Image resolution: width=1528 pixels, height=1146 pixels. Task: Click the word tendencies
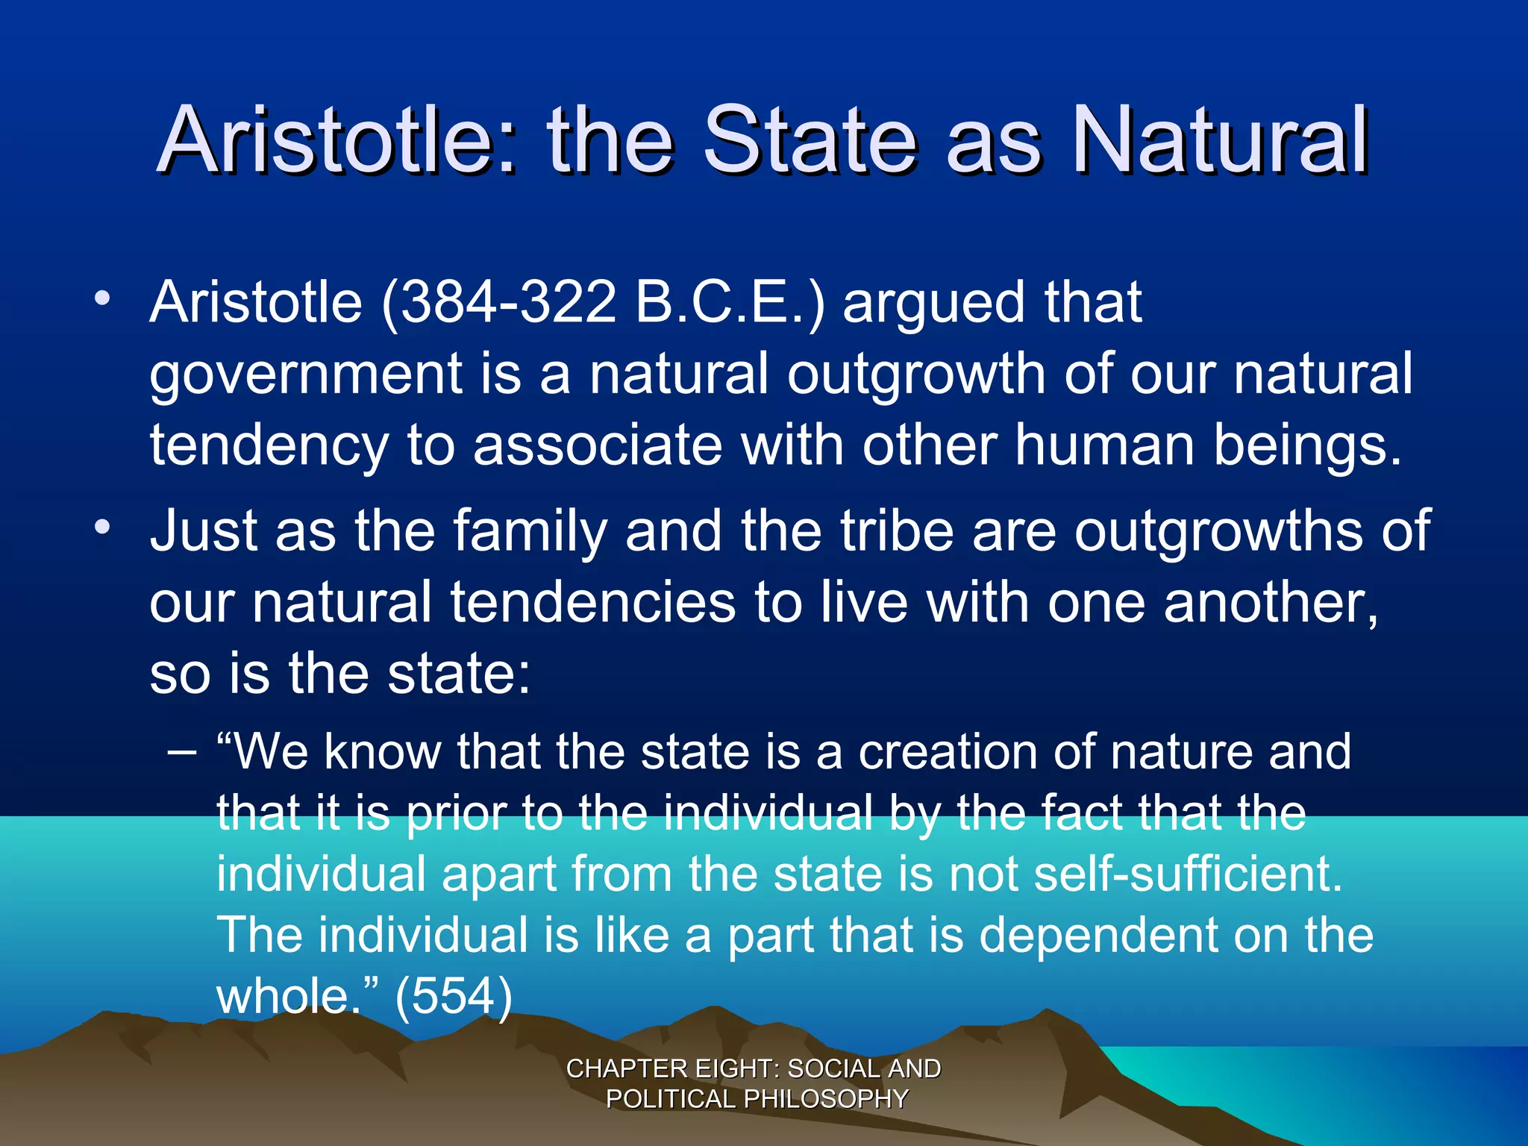click(x=593, y=603)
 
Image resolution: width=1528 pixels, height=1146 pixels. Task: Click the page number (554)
click(x=454, y=997)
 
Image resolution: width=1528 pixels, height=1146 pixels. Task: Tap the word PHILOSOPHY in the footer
click(x=826, y=1099)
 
